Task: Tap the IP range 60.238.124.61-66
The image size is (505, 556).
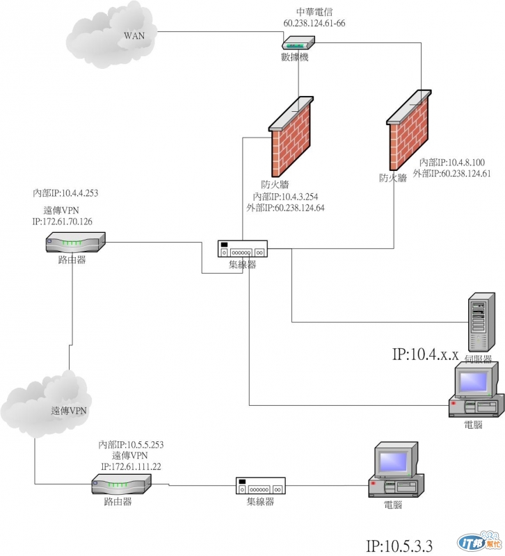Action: tap(314, 23)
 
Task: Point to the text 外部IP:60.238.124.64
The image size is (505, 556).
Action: tap(286, 207)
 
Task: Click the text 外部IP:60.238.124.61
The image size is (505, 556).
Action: tap(451, 173)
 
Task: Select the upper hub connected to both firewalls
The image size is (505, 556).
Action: tap(242, 249)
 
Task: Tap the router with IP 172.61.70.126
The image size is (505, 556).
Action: tap(75, 243)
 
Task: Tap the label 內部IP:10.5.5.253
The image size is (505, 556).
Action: tap(131, 444)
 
